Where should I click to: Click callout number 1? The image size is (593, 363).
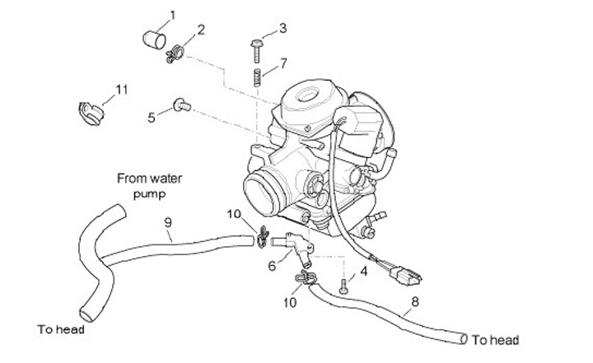click(173, 14)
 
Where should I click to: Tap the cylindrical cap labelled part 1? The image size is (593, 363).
click(150, 38)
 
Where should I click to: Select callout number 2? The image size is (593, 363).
click(202, 31)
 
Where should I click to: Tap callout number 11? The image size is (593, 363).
click(122, 90)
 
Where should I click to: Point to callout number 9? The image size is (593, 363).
click(167, 221)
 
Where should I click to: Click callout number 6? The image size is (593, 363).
click(272, 265)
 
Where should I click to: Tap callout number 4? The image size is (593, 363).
click(363, 271)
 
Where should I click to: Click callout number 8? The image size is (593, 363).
click(414, 301)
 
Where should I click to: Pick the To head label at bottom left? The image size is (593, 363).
click(61, 330)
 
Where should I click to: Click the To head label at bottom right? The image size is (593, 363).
click(496, 339)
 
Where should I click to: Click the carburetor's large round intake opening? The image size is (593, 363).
click(267, 195)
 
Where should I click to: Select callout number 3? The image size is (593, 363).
click(282, 29)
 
